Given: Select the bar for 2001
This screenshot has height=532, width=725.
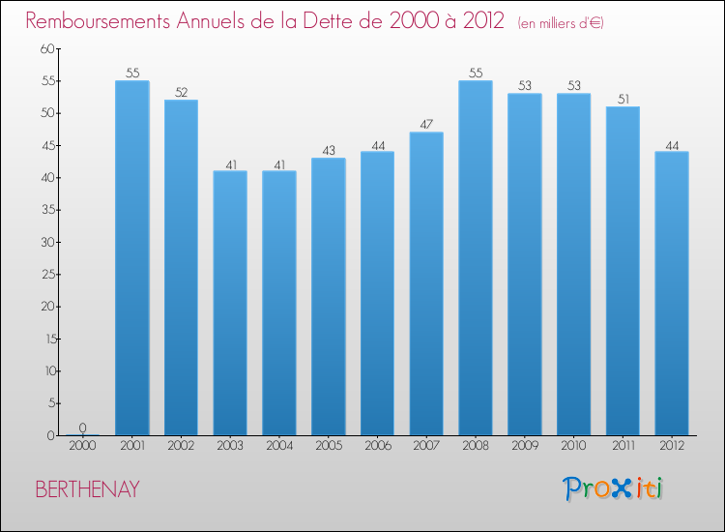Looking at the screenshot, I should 131,258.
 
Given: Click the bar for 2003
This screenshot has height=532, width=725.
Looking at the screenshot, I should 230,303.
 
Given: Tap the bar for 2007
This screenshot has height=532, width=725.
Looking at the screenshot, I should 426,283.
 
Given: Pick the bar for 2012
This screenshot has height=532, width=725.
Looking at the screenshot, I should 672,293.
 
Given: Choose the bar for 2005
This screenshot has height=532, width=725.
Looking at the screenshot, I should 328,296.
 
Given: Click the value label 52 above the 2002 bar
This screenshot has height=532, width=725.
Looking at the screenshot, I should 181,93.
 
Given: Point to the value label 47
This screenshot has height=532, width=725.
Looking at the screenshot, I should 426,125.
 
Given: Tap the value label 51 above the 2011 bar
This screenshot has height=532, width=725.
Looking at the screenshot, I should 623,99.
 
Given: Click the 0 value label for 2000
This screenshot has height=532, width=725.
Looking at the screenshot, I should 82,428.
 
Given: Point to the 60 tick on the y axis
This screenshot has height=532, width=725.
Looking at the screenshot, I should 47,48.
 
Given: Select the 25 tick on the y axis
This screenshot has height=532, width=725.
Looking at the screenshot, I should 47,275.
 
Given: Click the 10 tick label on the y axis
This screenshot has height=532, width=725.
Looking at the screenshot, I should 47,371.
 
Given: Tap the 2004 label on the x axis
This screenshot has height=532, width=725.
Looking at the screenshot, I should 278,446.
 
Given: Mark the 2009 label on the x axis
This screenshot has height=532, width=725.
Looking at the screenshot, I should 524,446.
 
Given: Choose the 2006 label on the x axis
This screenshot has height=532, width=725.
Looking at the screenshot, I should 377,446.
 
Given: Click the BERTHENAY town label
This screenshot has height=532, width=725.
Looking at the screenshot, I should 87,489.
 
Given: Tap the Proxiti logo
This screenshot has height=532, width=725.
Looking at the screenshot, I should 614,488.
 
